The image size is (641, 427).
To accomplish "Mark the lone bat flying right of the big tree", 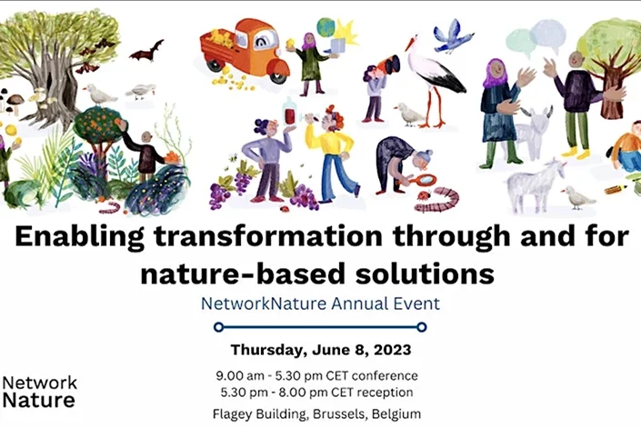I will pyautogui.click(x=145, y=49).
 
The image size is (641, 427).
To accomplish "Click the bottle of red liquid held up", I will pyautogui.click(x=289, y=114).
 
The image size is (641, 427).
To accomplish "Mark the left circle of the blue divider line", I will pyautogui.click(x=218, y=325).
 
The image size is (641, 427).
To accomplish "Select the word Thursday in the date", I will pyautogui.click(x=270, y=350).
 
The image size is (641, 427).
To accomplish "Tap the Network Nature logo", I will pyautogui.click(x=40, y=391).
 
